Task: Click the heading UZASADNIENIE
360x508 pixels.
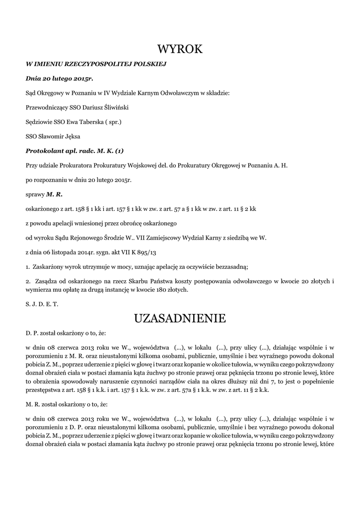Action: coord(180,318)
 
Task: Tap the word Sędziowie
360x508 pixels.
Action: coord(38,121)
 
